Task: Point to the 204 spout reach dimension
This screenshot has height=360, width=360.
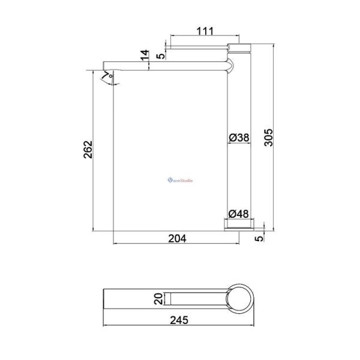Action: point(177,238)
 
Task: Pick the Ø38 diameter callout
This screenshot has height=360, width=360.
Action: point(239,138)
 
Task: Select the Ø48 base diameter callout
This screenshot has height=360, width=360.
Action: point(239,213)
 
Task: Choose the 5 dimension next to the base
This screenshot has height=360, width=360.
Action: point(259,238)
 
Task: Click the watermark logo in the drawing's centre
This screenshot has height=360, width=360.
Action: point(180,179)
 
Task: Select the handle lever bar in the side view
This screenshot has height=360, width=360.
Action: point(198,46)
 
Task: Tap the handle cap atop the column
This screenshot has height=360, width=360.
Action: point(240,46)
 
